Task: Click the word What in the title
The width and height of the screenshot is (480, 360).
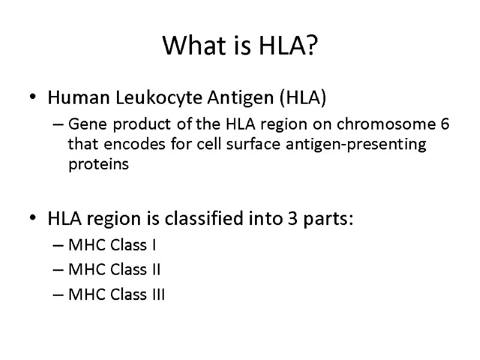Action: [x=191, y=46]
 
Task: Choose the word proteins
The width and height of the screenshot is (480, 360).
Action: [x=98, y=165]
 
